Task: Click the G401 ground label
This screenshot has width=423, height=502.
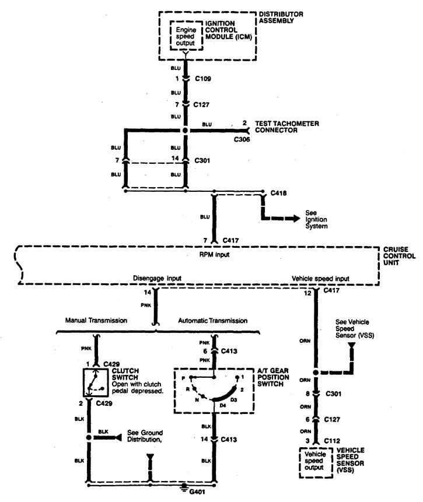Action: [x=197, y=492]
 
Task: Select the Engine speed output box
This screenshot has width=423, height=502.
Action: [x=186, y=36]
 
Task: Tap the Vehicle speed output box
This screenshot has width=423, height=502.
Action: [x=316, y=462]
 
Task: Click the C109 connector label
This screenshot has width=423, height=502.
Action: [x=203, y=79]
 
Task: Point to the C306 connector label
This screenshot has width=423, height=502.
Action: [x=242, y=139]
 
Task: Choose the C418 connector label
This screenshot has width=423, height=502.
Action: [x=278, y=193]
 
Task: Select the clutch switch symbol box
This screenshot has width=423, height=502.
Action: [x=96, y=382]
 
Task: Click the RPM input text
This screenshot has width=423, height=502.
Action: [x=214, y=255]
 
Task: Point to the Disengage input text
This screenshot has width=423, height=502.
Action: [x=157, y=278]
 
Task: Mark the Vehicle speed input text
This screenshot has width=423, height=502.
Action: [x=320, y=279]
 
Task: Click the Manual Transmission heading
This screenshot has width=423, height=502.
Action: [x=96, y=320]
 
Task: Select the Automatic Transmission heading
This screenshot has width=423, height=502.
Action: [x=213, y=321]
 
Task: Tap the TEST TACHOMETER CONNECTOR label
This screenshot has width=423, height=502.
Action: [x=287, y=127]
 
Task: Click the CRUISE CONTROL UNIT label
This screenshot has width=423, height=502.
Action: [x=399, y=256]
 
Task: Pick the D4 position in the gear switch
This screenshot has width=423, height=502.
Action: [x=223, y=405]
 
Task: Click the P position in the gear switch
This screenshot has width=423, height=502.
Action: [x=183, y=378]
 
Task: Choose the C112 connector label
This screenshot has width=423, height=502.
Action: [x=332, y=441]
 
